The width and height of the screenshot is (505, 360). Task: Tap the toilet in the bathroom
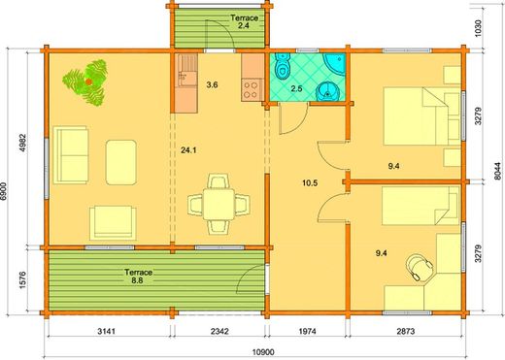[282, 69]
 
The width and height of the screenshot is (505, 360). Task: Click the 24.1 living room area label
[188, 150]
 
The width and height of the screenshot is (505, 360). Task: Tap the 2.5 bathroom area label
[296, 90]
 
